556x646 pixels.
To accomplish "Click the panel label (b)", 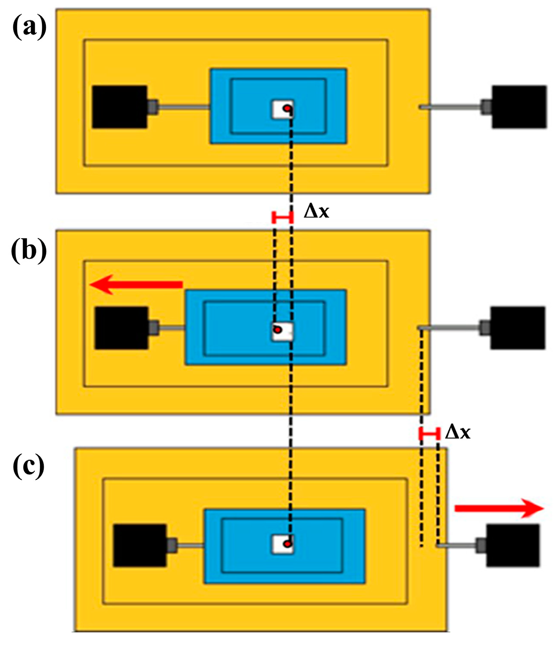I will point(29,250).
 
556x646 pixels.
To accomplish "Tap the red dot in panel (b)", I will point(278,330).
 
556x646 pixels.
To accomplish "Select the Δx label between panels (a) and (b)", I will point(316,211).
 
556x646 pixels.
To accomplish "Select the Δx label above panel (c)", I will point(457,432).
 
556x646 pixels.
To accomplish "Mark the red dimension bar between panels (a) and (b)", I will point(283,218).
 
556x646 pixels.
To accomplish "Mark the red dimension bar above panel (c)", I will point(429,434).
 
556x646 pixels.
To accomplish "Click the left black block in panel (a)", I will point(120,107).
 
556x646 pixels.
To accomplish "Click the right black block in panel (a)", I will point(519,107).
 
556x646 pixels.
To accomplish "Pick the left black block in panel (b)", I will point(122,328).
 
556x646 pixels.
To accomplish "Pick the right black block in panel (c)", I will point(512,545).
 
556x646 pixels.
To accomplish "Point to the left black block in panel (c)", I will point(140,545).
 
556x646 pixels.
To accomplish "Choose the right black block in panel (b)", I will point(518,328).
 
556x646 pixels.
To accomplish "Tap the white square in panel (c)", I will point(283,544).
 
